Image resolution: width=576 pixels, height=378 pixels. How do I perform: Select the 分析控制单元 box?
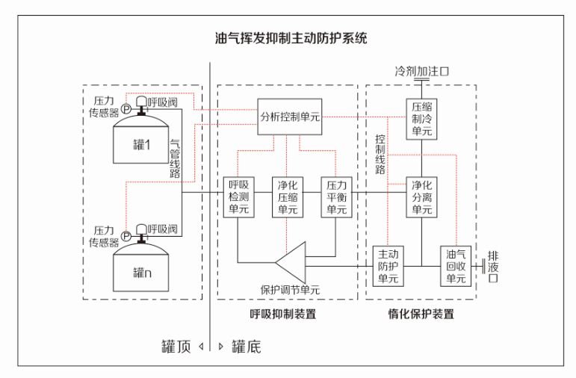pos(290,117)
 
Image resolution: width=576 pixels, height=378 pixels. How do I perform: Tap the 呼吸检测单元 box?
pos(238,196)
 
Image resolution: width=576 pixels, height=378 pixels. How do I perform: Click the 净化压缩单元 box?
pos(288,196)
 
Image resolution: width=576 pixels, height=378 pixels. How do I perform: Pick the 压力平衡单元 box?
pos(335,196)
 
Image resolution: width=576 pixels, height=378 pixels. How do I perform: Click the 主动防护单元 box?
pos(387,265)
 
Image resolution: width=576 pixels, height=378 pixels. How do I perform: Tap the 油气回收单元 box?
pos(456,265)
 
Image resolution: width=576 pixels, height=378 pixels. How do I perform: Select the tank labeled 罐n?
pos(143,270)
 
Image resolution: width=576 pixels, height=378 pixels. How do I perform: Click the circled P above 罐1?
pos(126,109)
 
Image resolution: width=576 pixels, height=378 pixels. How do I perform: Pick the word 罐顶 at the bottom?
pos(176,347)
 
